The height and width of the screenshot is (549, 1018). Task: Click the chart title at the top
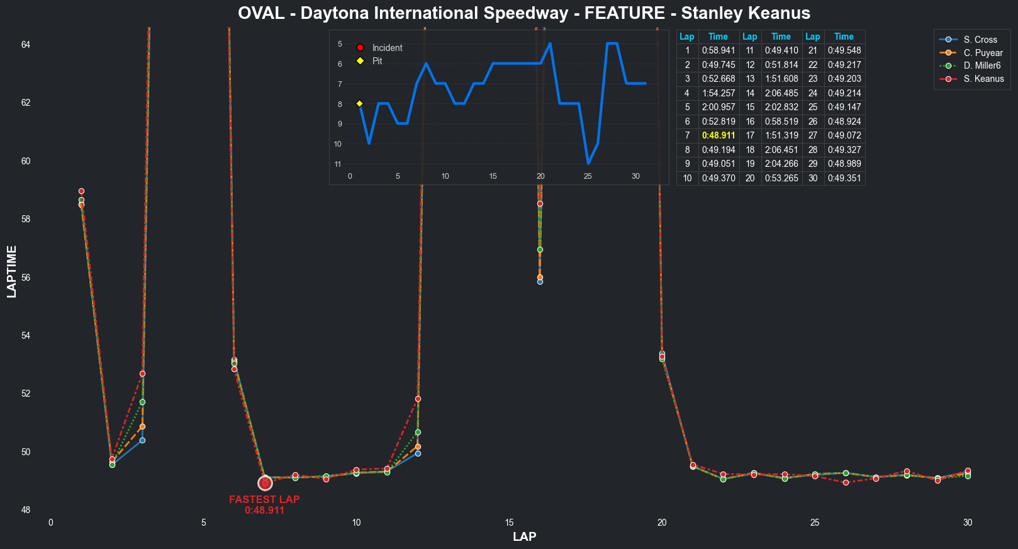click(x=524, y=13)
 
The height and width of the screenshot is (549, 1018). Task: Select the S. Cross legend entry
click(x=980, y=40)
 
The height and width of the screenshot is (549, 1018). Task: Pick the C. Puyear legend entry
click(x=983, y=53)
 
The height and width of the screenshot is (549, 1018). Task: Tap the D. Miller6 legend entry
click(x=982, y=65)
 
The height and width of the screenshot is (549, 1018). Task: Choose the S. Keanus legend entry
click(x=983, y=79)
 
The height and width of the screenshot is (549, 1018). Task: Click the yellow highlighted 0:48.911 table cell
click(x=719, y=135)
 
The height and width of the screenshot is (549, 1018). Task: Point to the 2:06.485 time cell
click(x=781, y=93)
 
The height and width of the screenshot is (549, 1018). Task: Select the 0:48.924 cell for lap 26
click(x=844, y=122)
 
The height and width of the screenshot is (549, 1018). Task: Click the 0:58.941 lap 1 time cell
click(x=719, y=50)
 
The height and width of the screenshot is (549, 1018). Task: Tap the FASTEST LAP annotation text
click(x=264, y=499)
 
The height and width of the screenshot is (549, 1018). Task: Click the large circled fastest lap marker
click(x=265, y=483)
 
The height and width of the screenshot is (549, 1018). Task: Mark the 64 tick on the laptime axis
click(x=26, y=45)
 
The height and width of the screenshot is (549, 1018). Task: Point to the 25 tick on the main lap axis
click(x=815, y=523)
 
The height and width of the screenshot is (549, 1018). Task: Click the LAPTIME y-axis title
click(x=12, y=271)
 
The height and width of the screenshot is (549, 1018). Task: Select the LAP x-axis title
click(x=524, y=537)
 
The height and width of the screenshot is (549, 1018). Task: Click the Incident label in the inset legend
click(x=387, y=48)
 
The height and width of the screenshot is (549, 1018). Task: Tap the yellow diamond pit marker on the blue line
click(x=360, y=103)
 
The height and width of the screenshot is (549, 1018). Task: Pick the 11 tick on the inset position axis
click(x=338, y=164)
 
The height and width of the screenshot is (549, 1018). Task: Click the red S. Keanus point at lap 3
click(x=143, y=374)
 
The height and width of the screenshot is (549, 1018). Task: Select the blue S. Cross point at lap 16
click(x=540, y=281)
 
